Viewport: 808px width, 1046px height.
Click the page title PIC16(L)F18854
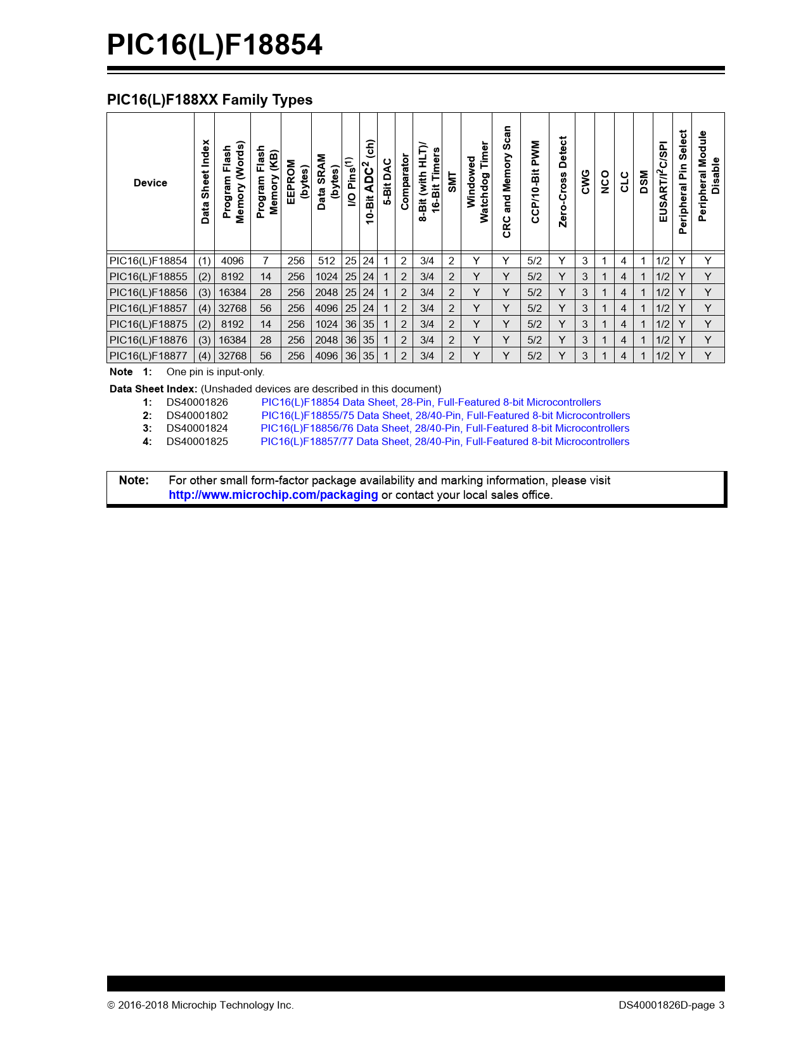[214, 45]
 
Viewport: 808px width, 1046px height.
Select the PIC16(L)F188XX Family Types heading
[210, 100]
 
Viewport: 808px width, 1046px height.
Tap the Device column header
[150, 183]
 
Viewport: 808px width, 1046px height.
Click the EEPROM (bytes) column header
[297, 182]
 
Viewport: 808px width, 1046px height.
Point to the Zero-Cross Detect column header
[562, 182]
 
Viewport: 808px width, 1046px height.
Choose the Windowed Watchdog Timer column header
[477, 182]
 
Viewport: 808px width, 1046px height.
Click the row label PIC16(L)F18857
[148, 308]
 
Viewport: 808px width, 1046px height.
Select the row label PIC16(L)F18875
[148, 324]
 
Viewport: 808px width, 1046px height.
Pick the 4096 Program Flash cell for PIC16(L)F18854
[233, 261]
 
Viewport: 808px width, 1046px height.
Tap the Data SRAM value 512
[326, 261]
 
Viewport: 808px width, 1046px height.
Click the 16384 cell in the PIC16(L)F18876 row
[233, 340]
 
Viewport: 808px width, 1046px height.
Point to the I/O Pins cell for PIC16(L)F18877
[350, 356]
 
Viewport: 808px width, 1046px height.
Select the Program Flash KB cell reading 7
[266, 261]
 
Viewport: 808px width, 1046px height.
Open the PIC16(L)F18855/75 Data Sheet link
[446, 415]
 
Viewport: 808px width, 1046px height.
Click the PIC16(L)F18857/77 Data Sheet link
[445, 441]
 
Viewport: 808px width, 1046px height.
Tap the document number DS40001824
[197, 429]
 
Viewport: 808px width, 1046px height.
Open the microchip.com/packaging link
[273, 494]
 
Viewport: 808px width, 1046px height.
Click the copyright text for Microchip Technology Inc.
[200, 1005]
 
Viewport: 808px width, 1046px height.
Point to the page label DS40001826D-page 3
[672, 1005]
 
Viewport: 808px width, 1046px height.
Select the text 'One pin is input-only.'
[215, 372]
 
